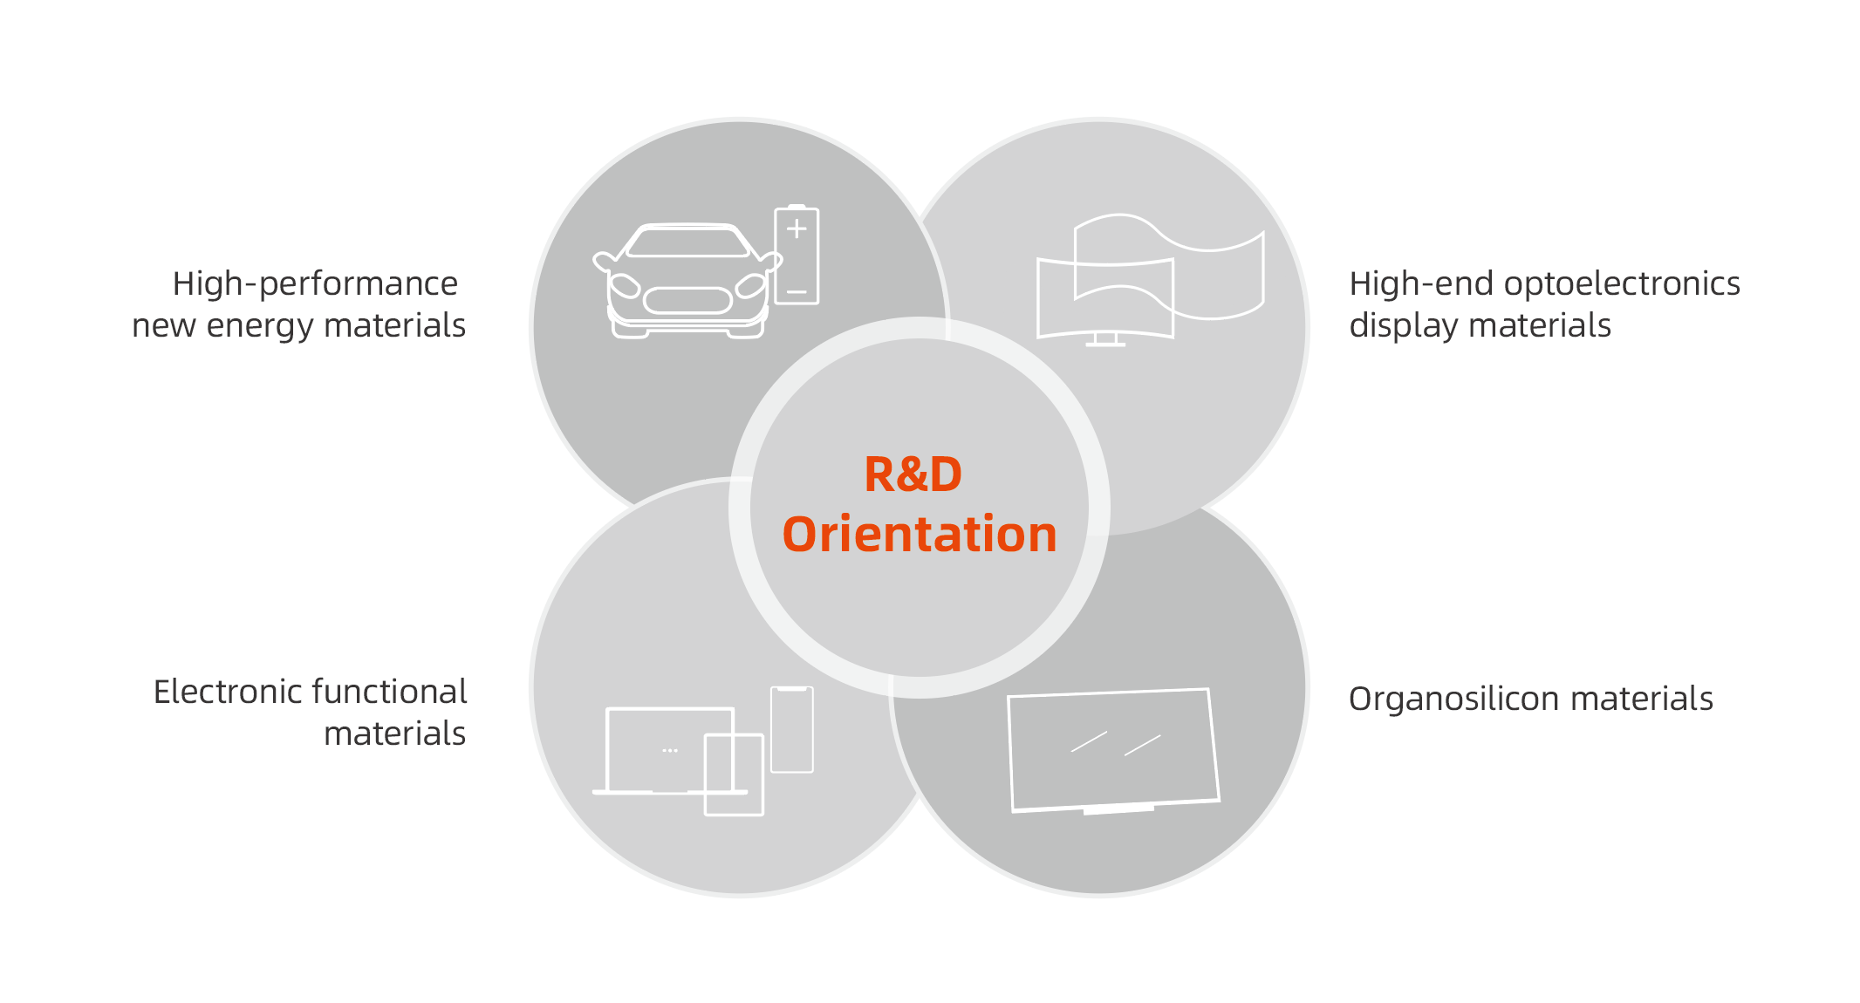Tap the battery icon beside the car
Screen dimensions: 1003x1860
(797, 256)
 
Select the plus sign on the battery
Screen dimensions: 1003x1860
(797, 229)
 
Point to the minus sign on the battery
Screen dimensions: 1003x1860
(797, 292)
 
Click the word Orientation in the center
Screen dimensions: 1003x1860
(920, 535)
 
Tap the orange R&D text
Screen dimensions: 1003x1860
(913, 474)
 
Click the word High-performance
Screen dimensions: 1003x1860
(315, 284)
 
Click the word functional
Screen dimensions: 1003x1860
(389, 693)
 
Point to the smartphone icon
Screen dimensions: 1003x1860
(792, 730)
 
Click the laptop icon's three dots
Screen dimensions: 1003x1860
(670, 750)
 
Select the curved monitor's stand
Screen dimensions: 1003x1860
(1105, 340)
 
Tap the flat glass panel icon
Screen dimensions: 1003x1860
(1112, 750)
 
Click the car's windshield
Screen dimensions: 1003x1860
(688, 242)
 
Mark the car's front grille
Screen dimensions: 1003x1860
(687, 301)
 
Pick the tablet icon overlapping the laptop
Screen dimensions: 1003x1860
(735, 774)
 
